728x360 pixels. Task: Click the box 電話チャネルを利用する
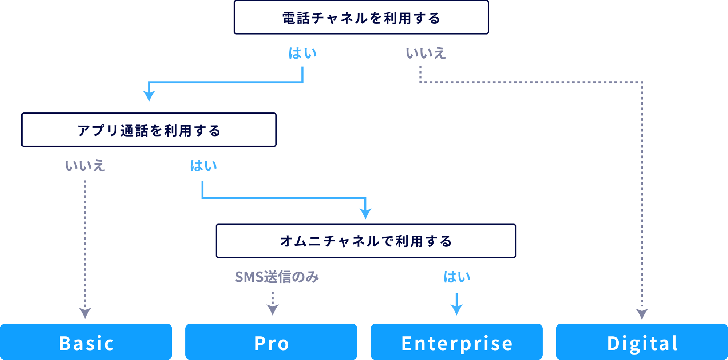361,17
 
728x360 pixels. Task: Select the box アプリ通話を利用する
149,130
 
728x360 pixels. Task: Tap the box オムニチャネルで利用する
366,241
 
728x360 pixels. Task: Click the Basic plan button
86,342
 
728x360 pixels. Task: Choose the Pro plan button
271,342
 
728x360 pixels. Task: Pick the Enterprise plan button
456,342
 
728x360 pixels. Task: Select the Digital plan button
642,342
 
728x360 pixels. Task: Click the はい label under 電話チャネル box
302,53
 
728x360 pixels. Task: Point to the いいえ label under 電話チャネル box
426,53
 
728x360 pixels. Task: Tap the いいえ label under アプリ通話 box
85,166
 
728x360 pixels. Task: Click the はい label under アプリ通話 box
203,166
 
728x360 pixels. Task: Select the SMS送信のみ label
277,277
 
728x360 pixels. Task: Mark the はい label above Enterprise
456,277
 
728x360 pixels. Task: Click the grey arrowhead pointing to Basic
85,313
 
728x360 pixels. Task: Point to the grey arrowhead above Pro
273,310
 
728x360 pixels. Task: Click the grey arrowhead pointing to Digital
642,314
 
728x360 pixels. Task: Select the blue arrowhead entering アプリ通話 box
149,96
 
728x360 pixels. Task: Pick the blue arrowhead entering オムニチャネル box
365,214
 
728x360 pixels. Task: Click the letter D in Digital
613,343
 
